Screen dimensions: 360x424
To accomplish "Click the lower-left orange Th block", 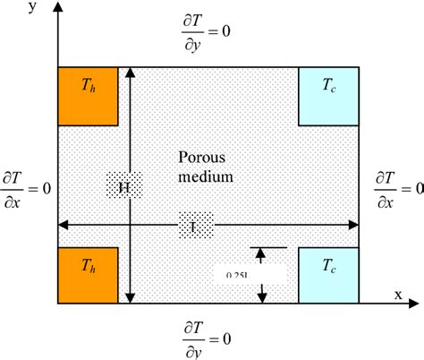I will coord(89,276).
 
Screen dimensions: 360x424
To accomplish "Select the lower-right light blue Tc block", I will coord(328,276).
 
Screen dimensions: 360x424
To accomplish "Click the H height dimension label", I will coord(124,187).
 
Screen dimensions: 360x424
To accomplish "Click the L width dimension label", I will coord(196,225).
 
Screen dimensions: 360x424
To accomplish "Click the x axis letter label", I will coord(396,293).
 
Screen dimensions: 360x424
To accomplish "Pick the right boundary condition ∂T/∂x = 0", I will coord(398,189).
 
